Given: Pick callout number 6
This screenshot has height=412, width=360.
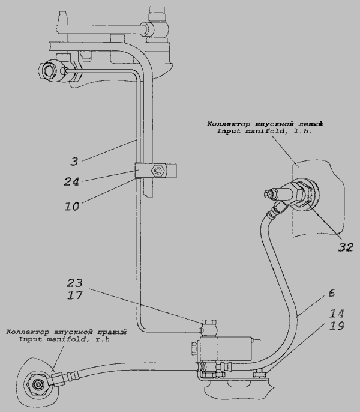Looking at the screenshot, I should [x=331, y=294].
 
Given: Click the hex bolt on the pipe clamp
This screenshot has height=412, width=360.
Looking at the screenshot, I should [x=158, y=172].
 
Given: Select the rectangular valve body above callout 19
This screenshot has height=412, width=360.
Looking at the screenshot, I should [x=223, y=349].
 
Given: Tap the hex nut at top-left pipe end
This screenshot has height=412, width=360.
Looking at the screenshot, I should [x=47, y=70].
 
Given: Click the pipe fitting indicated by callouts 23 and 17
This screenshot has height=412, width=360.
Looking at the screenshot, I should [x=211, y=328].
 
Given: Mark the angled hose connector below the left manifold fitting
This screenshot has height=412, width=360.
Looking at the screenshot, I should [x=278, y=211].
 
